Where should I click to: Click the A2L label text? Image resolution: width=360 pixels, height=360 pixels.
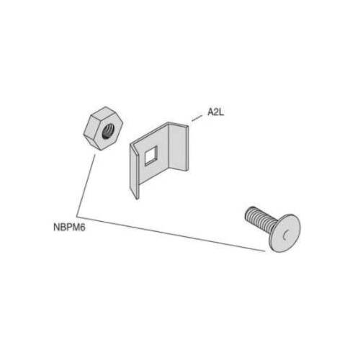click(216, 112)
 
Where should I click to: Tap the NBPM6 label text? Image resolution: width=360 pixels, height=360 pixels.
click(69, 228)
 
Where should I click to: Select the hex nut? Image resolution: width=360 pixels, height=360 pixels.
click(104, 128)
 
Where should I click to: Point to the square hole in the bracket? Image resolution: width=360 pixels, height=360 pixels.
click(151, 156)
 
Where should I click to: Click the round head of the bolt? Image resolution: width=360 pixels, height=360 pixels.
click(286, 233)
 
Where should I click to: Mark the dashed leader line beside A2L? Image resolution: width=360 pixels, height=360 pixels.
click(197, 119)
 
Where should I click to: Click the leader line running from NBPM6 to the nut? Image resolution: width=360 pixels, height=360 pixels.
click(86, 184)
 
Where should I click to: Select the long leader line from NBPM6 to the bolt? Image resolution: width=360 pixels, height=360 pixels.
click(171, 233)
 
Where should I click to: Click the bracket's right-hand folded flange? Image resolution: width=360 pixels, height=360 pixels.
click(179, 147)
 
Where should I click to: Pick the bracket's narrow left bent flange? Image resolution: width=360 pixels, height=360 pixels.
click(134, 171)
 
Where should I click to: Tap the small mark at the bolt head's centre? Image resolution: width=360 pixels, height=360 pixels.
click(285, 235)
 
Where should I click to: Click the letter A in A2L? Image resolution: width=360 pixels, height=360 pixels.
click(211, 112)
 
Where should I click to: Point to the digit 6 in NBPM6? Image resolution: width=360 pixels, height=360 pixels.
click(83, 228)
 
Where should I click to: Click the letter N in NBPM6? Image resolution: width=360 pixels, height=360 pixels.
click(56, 228)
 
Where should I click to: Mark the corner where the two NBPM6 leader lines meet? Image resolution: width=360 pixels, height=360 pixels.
click(77, 215)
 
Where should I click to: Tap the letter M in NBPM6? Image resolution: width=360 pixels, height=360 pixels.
click(76, 228)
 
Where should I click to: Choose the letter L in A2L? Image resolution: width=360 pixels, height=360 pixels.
click(222, 112)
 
